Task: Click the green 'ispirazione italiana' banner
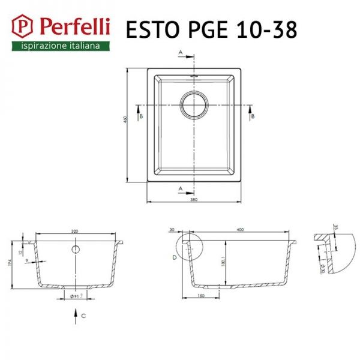click(61, 46)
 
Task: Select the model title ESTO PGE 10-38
click(210, 29)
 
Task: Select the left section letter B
click(139, 116)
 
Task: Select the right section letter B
click(253, 116)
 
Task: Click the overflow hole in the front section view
click(76, 248)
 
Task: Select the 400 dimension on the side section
click(240, 230)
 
